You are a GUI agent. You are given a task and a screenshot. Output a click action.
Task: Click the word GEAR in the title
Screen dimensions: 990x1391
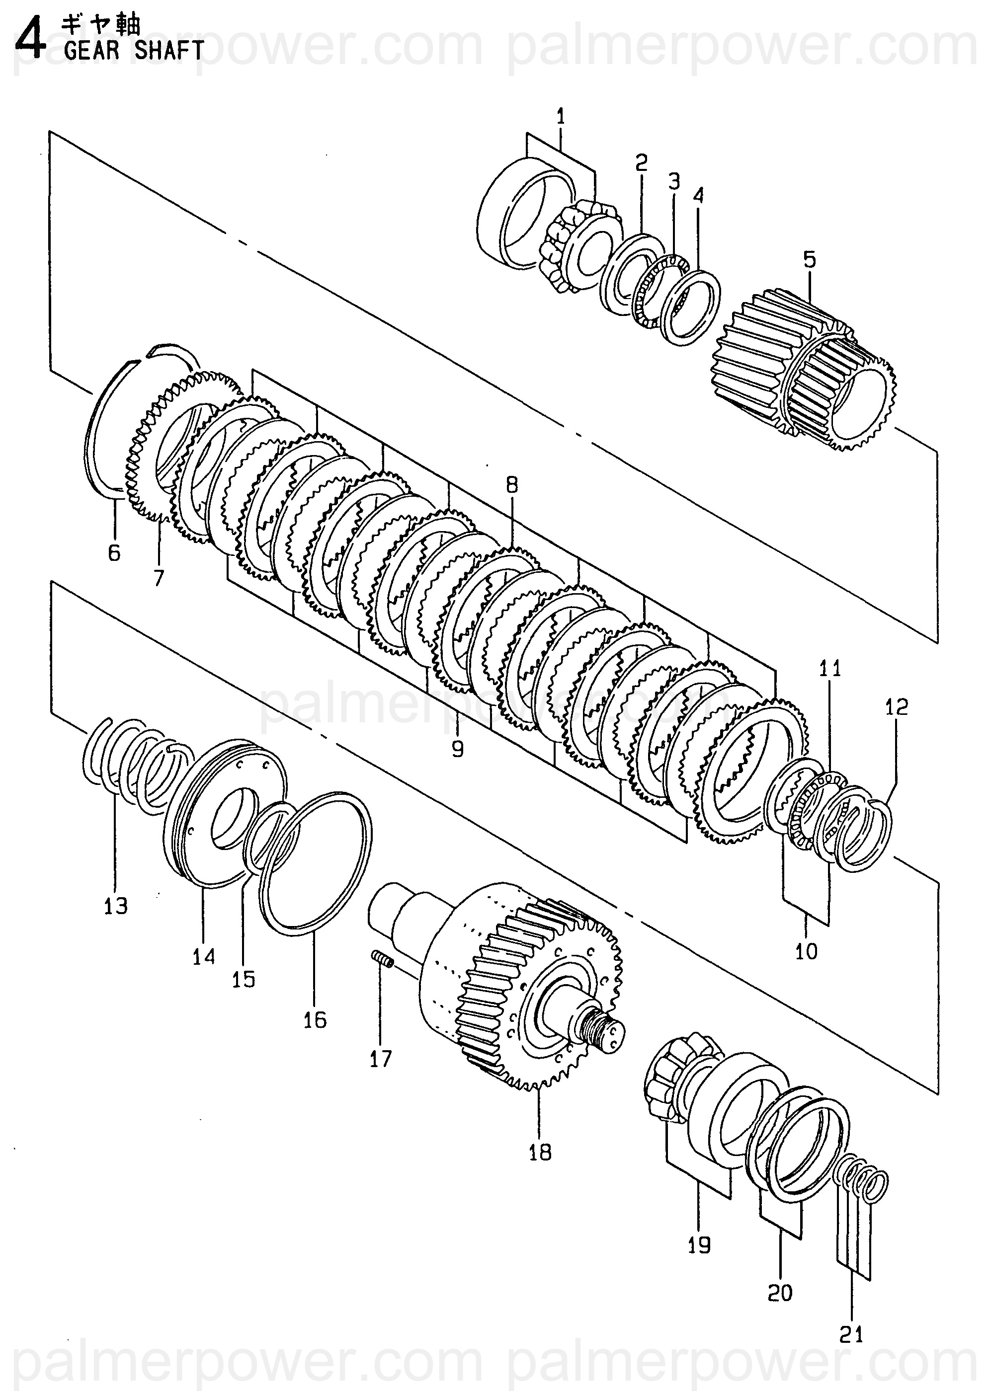click(x=91, y=50)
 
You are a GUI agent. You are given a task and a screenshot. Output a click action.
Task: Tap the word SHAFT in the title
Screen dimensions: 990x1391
click(x=169, y=50)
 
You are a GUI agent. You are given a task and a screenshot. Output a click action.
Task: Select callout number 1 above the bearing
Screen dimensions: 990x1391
click(x=561, y=116)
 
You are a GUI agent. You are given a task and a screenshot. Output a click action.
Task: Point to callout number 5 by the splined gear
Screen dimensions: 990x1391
click(x=809, y=259)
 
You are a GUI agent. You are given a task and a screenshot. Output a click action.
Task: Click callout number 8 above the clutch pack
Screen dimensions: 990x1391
click(x=511, y=484)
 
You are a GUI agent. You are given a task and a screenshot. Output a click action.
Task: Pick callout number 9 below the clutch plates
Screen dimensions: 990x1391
click(x=457, y=748)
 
